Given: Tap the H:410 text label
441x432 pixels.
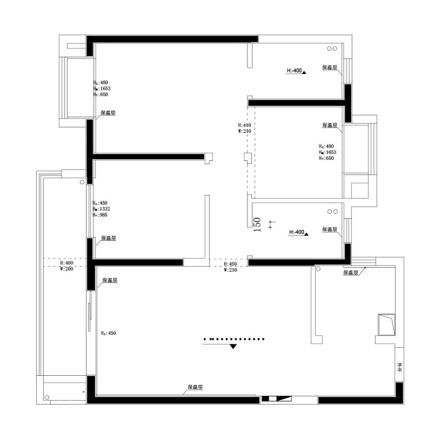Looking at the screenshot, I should [x=244, y=125].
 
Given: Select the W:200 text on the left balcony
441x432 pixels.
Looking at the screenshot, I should [x=66, y=269].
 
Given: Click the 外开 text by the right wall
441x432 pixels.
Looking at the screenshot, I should [x=399, y=366].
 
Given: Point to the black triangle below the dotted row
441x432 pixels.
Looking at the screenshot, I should [x=233, y=346].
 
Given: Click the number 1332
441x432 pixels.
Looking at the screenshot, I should [x=104, y=209].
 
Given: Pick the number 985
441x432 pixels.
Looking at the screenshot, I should [x=103, y=215].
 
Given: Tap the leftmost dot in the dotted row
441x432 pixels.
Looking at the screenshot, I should [x=205, y=338].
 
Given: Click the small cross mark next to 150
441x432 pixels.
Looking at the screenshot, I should [x=270, y=224].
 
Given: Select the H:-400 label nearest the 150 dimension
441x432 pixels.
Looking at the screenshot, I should [x=297, y=233].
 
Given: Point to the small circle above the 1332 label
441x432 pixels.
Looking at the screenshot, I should [x=82, y=181].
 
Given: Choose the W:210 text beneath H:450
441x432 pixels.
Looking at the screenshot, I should [x=230, y=270].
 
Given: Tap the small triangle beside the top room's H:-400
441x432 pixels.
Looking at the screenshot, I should [x=304, y=71].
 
